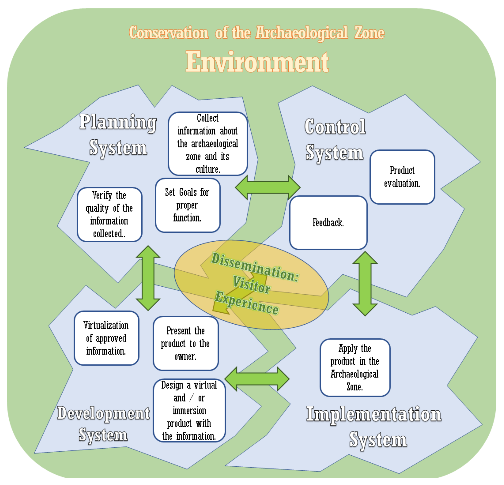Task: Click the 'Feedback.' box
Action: coord(328,223)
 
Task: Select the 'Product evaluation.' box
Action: coord(402,177)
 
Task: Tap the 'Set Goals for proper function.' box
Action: coord(187,205)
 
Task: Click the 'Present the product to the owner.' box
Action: coord(185,343)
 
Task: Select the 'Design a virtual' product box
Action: coord(189,410)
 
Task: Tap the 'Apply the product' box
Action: coord(355,368)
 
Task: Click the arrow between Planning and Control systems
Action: coord(267,187)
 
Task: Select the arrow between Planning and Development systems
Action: coord(148,278)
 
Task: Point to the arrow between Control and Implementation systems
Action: coord(365,283)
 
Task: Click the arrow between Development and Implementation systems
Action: coord(257,379)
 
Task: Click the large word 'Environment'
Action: coord(257,62)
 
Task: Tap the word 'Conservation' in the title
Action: coord(168,33)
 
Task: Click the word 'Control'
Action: coord(335,127)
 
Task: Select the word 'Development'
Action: coord(103,413)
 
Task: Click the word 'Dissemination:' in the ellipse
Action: coord(255,267)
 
